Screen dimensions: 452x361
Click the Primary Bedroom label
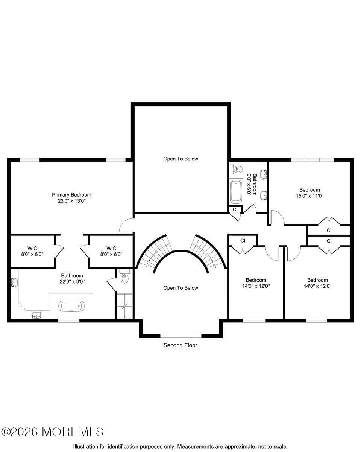[71, 195]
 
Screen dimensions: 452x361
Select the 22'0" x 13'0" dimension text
[71, 201]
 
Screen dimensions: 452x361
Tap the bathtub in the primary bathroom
[71, 306]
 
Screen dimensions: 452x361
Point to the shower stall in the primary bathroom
[124, 306]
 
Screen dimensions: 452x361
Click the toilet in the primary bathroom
[124, 278]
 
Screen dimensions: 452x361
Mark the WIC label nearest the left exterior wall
[32, 248]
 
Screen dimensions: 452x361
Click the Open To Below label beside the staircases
[180, 288]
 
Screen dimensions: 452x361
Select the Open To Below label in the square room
[180, 159]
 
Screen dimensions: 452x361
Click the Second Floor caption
[180, 345]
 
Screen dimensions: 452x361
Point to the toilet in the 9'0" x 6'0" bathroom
[237, 169]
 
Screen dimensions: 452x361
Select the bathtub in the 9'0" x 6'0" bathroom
[236, 191]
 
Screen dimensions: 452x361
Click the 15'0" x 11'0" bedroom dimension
[309, 196]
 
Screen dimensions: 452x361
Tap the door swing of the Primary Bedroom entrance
[126, 226]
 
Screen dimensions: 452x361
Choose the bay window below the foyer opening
[180, 335]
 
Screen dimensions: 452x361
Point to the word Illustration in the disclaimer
[86, 446]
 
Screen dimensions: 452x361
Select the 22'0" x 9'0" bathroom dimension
[72, 281]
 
